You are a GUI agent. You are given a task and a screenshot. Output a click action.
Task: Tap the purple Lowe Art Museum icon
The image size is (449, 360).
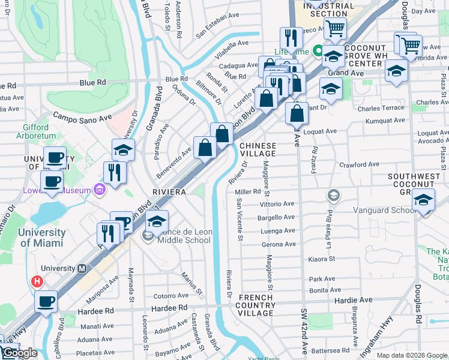(x=100, y=191)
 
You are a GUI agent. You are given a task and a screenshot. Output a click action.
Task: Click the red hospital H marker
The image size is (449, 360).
(x=37, y=280)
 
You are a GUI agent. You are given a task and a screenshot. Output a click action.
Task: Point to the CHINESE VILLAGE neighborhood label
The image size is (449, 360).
(x=258, y=149)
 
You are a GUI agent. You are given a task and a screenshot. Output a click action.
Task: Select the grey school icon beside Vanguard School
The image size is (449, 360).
(x=333, y=195)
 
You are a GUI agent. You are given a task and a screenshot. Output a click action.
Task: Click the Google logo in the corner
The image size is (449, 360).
(x=19, y=353)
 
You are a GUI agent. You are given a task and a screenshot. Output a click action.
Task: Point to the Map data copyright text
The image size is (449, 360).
(x=411, y=355)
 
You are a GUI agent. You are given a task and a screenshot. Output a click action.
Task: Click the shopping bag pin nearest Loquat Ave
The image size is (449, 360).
(x=297, y=113)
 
